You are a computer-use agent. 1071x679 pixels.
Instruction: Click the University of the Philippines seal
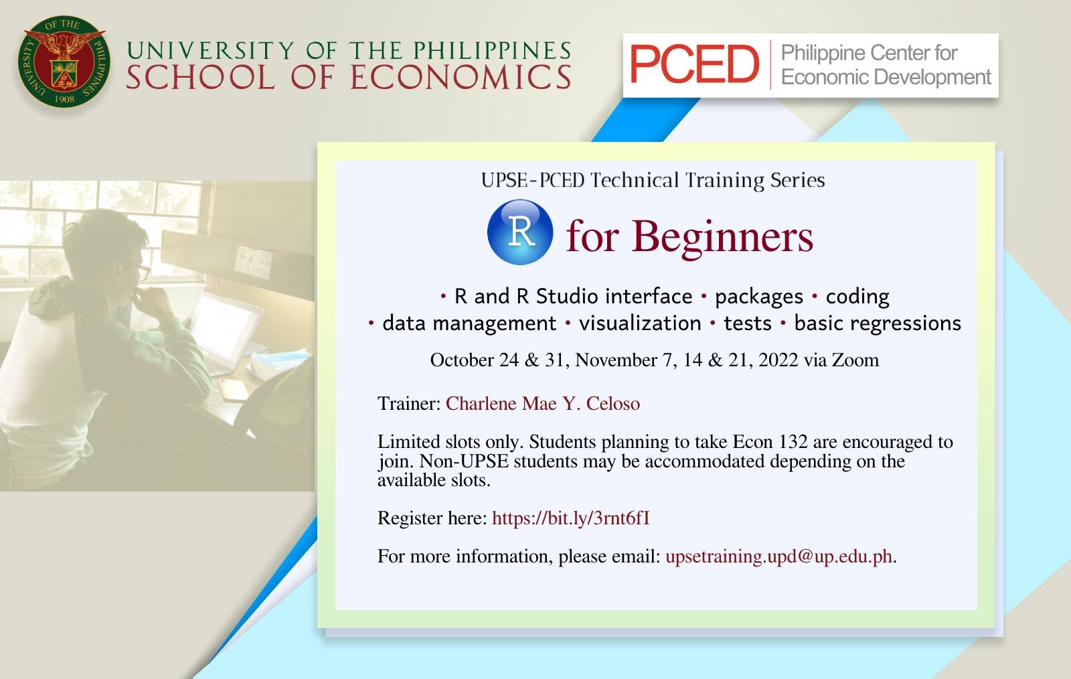pos(64,61)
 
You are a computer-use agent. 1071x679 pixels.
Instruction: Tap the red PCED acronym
pos(694,64)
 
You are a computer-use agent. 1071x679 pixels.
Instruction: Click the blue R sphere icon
pos(520,232)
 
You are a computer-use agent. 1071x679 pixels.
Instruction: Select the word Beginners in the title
pos(722,236)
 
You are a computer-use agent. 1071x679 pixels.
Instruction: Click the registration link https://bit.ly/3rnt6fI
pos(571,518)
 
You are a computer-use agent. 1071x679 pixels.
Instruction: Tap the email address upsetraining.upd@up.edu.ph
pos(779,556)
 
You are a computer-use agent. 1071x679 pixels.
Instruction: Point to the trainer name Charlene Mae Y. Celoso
pos(543,404)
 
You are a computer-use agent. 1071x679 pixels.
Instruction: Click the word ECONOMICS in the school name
pos(461,78)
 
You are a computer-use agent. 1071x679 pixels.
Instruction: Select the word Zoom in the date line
pos(855,360)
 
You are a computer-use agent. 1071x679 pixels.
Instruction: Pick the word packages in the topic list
pos(759,297)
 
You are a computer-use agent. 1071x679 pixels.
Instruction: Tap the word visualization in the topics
pos(640,323)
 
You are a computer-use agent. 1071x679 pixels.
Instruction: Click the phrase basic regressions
pos(878,323)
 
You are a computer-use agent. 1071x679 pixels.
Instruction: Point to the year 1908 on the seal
pos(64,99)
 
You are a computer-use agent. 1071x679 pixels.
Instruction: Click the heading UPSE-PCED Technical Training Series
pos(653,180)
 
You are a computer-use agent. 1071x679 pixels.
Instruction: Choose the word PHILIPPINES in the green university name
pos(493,51)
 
